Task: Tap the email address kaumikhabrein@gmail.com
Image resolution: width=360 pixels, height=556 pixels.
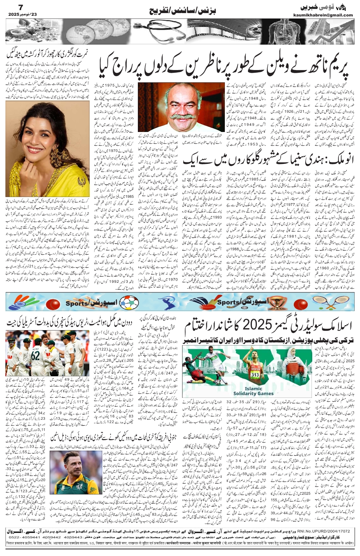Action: point(328,15)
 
